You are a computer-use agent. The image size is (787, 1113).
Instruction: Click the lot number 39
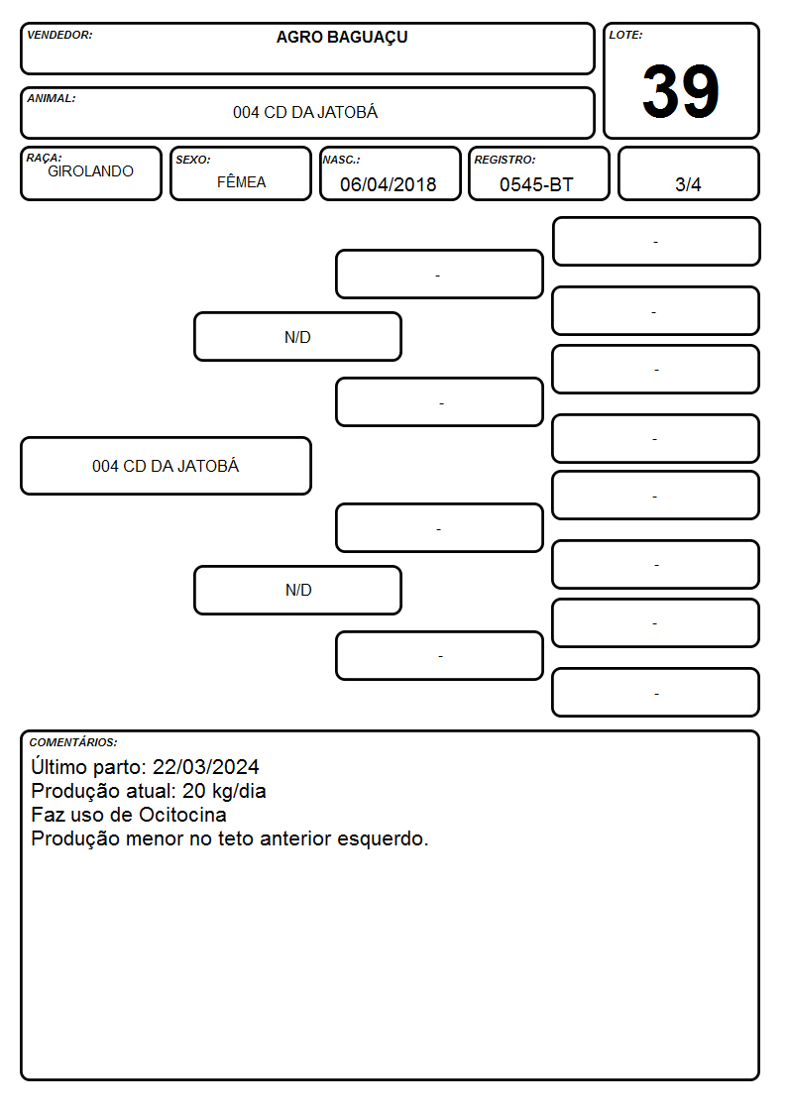pyautogui.click(x=681, y=91)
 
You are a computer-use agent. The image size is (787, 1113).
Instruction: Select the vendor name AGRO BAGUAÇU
pyautogui.click(x=342, y=38)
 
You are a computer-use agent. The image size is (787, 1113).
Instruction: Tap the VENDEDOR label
pyautogui.click(x=59, y=35)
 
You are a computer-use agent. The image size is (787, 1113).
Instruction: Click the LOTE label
pyautogui.click(x=625, y=35)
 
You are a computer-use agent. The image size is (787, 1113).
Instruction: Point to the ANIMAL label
pyautogui.click(x=52, y=99)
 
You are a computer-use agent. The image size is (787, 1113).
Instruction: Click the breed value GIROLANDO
pyautogui.click(x=90, y=171)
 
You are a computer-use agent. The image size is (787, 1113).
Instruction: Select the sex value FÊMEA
pyautogui.click(x=241, y=181)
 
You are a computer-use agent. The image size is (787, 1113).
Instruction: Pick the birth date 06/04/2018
pyautogui.click(x=389, y=184)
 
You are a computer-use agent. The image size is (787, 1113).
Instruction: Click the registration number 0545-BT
pyautogui.click(x=536, y=184)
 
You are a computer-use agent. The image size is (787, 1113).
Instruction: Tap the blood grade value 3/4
pyautogui.click(x=688, y=184)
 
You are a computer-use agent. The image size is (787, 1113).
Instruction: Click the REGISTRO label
pyautogui.click(x=505, y=160)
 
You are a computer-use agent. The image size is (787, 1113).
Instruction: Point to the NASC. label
pyautogui.click(x=341, y=160)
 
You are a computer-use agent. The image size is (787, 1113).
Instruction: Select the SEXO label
pyautogui.click(x=193, y=160)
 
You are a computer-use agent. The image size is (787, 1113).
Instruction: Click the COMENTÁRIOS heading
pyautogui.click(x=73, y=742)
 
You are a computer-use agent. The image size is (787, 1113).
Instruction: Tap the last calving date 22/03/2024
pyautogui.click(x=206, y=767)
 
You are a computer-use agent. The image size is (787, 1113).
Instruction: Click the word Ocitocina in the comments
pyautogui.click(x=182, y=815)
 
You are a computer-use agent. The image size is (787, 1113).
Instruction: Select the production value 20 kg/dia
pyautogui.click(x=224, y=792)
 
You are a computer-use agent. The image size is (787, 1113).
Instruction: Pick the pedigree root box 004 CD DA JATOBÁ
pyautogui.click(x=167, y=466)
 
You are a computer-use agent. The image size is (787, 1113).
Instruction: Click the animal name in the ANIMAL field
pyautogui.click(x=305, y=112)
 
